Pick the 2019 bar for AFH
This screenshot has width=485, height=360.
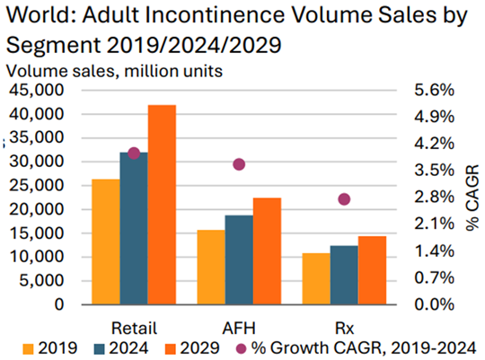tap(210, 267)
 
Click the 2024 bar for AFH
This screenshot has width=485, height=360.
tap(239, 259)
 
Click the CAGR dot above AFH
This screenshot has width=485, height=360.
tap(239, 164)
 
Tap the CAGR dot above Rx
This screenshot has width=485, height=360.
tap(344, 199)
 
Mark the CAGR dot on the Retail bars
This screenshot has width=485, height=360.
tap(134, 154)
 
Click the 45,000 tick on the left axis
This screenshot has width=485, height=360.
tap(37, 91)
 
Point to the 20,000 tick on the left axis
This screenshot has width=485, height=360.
tap(37, 209)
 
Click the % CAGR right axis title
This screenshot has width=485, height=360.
tap(472, 198)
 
